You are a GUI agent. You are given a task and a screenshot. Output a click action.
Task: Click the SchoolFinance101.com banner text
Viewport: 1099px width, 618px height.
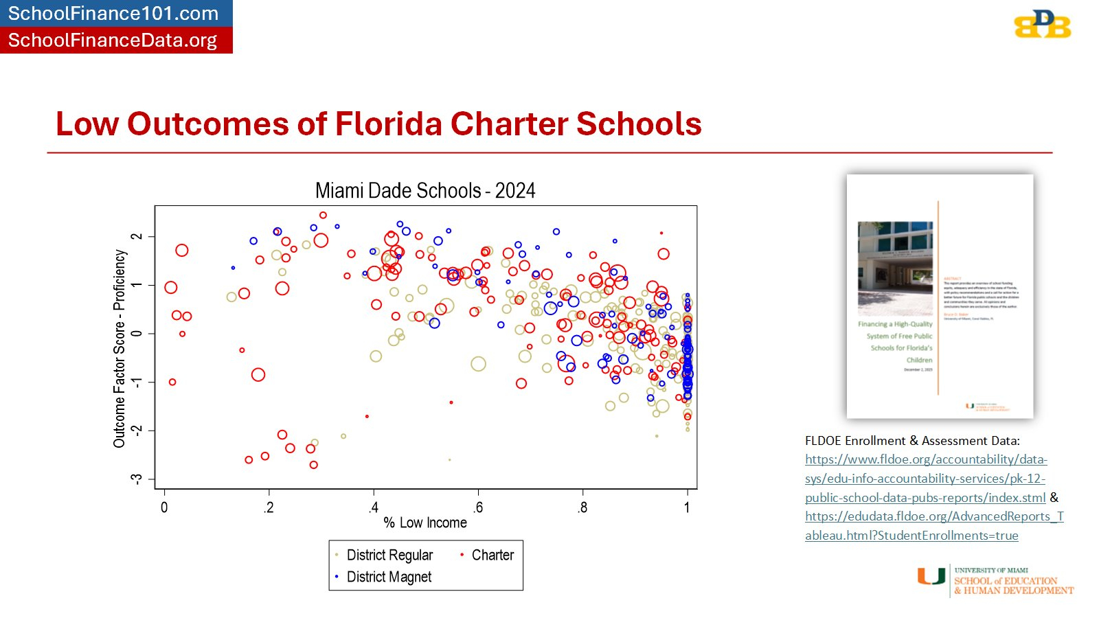tap(113, 13)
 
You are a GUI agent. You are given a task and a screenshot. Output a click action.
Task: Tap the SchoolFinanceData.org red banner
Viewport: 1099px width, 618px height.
tap(113, 41)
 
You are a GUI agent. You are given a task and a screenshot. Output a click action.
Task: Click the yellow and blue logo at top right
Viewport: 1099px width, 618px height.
tap(1042, 25)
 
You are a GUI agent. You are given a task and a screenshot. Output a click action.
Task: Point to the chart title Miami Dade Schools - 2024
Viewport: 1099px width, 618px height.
tap(425, 190)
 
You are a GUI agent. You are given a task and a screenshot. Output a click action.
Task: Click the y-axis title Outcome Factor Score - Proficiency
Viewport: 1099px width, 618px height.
tap(120, 348)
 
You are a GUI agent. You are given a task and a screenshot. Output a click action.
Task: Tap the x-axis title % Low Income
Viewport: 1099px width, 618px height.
tap(425, 523)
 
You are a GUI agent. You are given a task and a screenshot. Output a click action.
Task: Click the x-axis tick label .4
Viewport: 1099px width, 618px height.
tap(373, 508)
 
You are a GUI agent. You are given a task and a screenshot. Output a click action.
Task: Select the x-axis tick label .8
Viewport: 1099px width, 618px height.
tap(582, 508)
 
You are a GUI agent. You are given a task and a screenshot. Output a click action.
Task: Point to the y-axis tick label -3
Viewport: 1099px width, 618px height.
tap(137, 479)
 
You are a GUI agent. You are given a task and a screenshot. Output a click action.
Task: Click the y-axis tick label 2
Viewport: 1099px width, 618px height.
tap(137, 236)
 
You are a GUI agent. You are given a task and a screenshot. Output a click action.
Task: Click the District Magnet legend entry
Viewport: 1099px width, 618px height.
tap(389, 577)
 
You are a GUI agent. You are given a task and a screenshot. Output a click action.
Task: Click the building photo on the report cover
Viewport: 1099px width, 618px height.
tap(895, 268)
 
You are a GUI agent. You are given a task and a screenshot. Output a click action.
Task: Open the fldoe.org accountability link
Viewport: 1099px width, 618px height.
tap(925, 478)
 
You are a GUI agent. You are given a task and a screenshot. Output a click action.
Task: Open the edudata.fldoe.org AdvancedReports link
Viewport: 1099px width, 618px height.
tap(934, 526)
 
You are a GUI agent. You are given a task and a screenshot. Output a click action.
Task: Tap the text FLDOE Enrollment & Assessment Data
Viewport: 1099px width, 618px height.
tap(912, 441)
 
